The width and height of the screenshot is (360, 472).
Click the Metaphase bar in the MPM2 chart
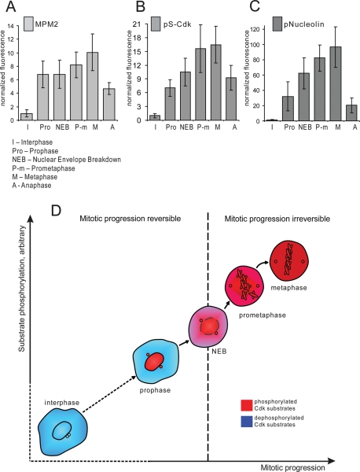pos(92,87)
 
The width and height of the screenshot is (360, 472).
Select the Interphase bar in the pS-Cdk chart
pos(156,118)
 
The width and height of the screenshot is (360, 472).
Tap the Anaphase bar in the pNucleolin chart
pos(351,112)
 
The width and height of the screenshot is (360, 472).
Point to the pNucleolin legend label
pos(304,24)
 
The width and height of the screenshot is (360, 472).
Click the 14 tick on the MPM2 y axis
pos(11,26)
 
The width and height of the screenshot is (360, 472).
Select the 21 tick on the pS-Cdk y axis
pos(137,24)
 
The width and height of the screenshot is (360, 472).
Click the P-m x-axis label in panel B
pos(203,127)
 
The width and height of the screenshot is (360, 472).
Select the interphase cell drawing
pos(62,432)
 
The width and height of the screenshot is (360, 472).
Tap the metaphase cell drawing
pos(289,261)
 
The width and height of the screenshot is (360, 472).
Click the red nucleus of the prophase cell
pos(154,361)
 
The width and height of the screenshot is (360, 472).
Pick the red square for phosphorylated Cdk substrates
pos(247,405)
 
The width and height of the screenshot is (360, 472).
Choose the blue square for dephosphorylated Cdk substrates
pos(247,422)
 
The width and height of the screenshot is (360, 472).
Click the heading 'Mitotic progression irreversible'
pos(277,219)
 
